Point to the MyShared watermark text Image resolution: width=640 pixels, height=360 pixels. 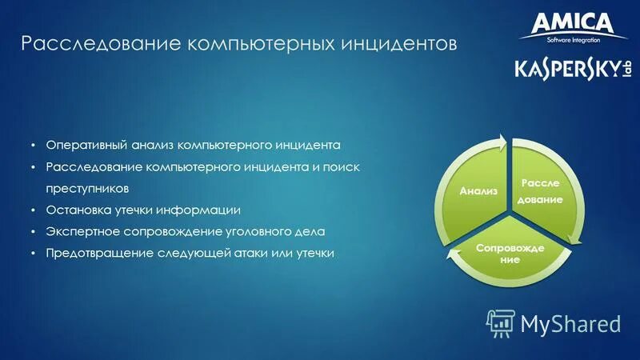570,323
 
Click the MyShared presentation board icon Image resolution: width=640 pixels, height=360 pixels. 501,322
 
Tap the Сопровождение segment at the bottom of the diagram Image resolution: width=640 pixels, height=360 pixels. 510,254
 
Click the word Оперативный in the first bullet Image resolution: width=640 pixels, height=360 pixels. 82,146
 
